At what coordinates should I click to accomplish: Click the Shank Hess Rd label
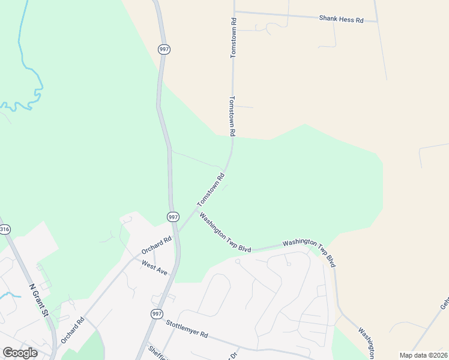(x=342, y=20)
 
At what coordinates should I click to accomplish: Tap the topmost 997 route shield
(x=164, y=49)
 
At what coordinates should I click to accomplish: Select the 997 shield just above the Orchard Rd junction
(x=173, y=217)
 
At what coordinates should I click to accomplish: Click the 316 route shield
(x=5, y=229)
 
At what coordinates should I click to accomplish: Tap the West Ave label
(x=154, y=268)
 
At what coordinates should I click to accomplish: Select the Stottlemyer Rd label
(x=186, y=329)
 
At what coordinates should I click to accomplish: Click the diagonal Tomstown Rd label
(x=211, y=189)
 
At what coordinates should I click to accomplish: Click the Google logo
(x=20, y=353)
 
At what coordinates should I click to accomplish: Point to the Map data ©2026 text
(x=423, y=355)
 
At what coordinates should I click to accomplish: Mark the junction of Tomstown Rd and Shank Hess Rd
(x=234, y=11)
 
